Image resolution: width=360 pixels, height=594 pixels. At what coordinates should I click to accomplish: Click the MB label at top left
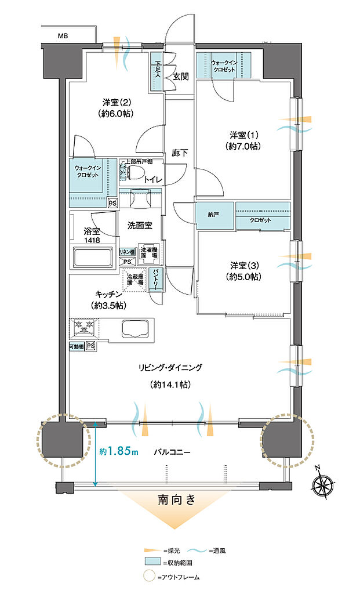[x=62, y=36]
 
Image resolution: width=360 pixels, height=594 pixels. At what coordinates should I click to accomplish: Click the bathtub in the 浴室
[x=92, y=258]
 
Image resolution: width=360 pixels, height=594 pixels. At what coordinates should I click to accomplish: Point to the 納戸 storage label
[x=214, y=215]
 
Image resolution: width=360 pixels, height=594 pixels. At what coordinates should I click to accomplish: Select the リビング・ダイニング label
[x=170, y=368]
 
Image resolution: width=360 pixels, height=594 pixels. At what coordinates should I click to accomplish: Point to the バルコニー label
[x=174, y=451]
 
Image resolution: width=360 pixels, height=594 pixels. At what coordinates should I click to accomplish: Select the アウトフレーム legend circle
[x=151, y=577]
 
